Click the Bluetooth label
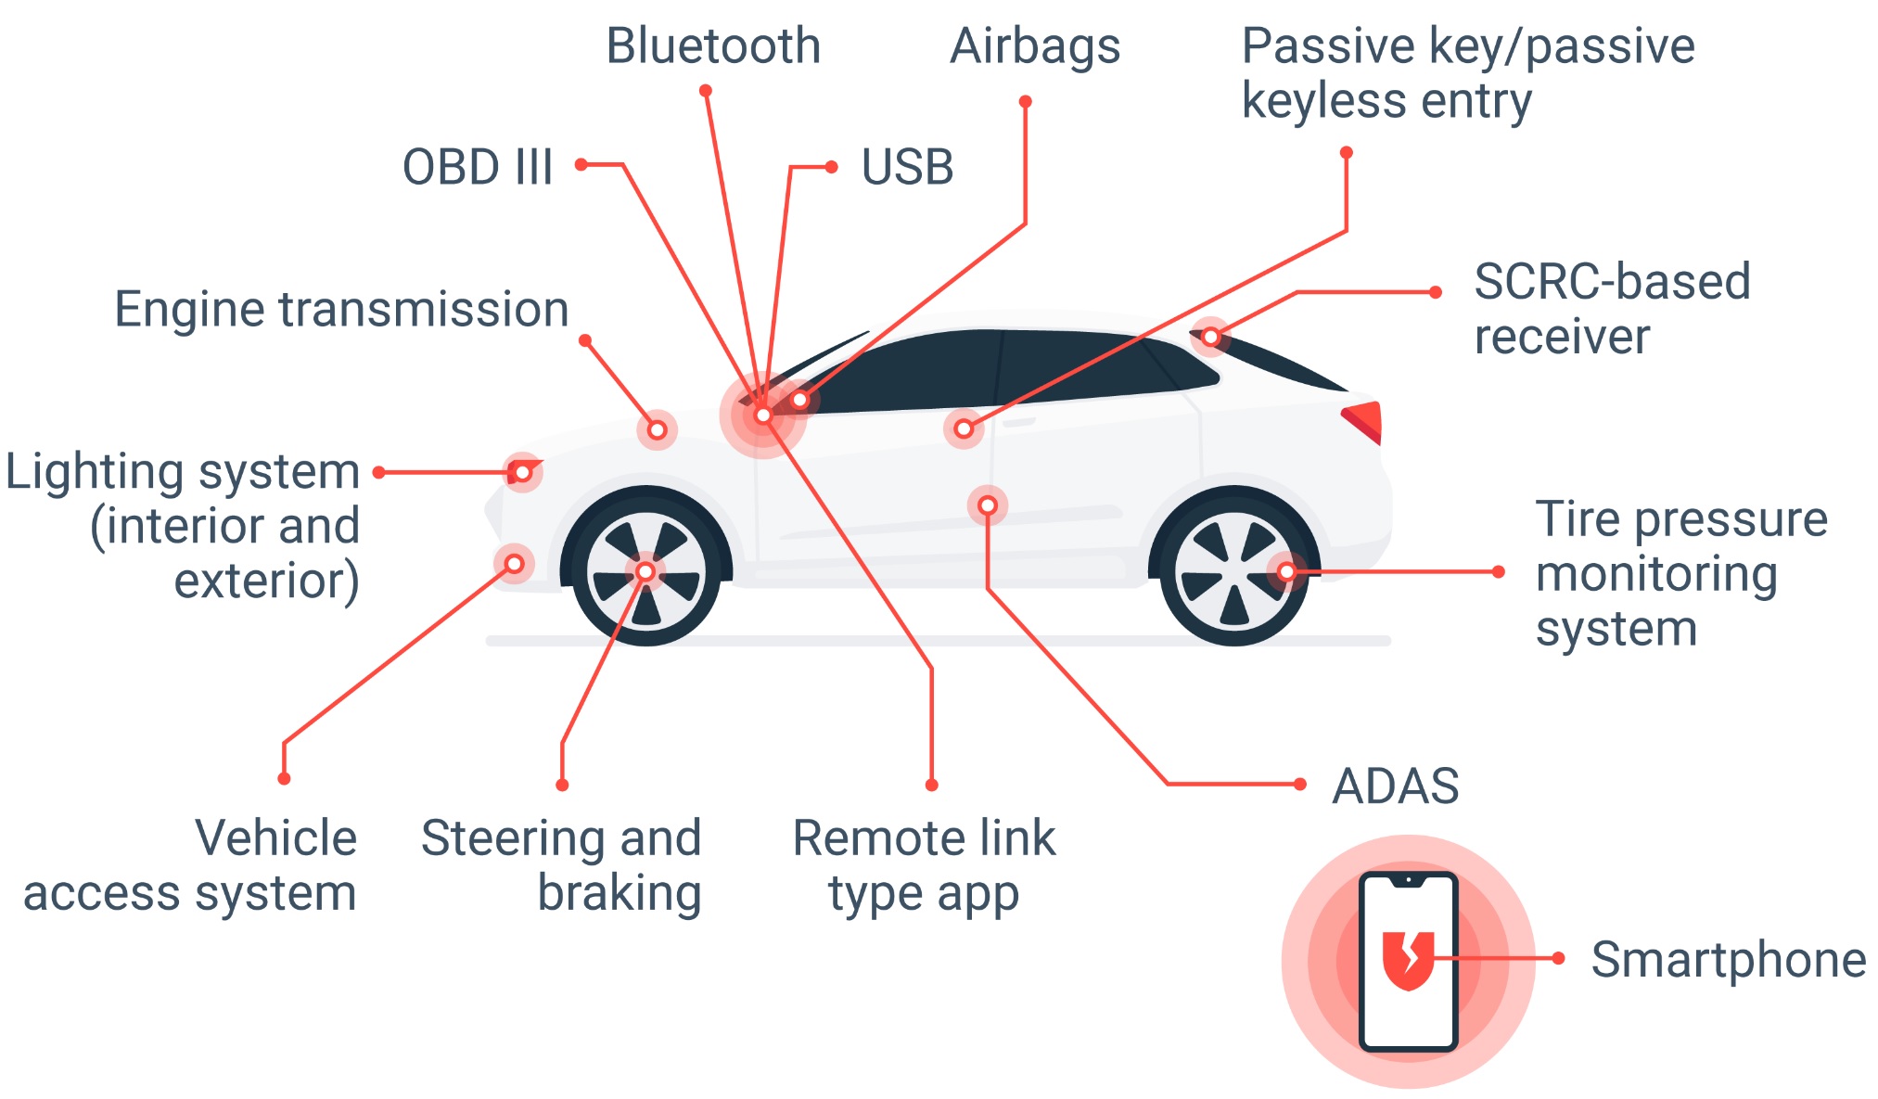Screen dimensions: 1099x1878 click(x=713, y=45)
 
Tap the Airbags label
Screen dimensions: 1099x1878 click(x=1035, y=45)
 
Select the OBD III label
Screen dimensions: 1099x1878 click(x=478, y=167)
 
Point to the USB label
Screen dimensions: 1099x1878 click(x=907, y=167)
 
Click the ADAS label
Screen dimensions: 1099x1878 click(x=1395, y=786)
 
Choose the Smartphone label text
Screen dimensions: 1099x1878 click(x=1728, y=959)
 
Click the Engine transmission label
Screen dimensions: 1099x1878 click(x=341, y=309)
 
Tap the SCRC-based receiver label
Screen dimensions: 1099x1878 click(x=1612, y=308)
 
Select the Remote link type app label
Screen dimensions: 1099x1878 click(x=924, y=864)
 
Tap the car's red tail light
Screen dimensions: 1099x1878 click(x=1364, y=420)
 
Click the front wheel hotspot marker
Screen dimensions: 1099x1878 click(x=645, y=571)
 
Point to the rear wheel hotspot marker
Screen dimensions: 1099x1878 click(x=1286, y=571)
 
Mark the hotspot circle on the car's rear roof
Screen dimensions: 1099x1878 click(x=1210, y=337)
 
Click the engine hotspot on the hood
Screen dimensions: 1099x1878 click(x=657, y=429)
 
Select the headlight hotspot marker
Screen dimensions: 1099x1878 click(x=522, y=473)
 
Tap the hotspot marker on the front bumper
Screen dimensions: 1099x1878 click(x=514, y=564)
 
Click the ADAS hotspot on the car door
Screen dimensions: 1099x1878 click(x=988, y=505)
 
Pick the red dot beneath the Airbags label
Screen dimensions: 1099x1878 click(x=1025, y=102)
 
